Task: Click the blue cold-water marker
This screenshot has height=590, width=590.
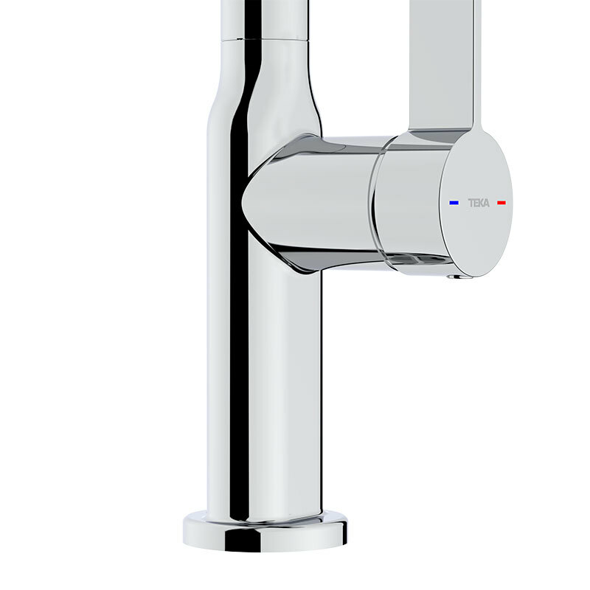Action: pyautogui.click(x=454, y=202)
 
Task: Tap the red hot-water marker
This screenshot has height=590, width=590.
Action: pyautogui.click(x=502, y=202)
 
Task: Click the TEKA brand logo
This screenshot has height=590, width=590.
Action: pyautogui.click(x=478, y=202)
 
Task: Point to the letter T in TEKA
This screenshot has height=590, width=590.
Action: pyautogui.click(x=469, y=202)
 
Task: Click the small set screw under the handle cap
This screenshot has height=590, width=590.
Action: pyautogui.click(x=455, y=277)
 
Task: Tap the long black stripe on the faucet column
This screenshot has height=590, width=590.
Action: pyautogui.click(x=237, y=332)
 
